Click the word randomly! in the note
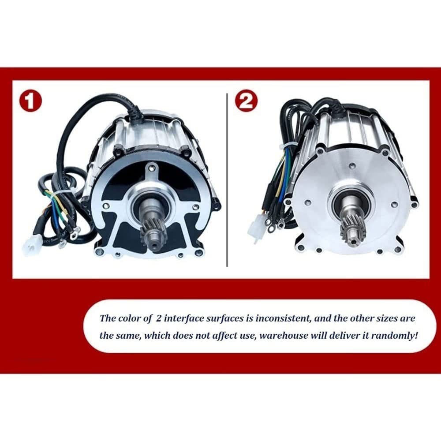pyautogui.click(x=394, y=335)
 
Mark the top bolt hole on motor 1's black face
pyautogui.click(x=152, y=168)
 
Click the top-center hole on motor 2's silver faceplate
pyautogui.click(x=352, y=167)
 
